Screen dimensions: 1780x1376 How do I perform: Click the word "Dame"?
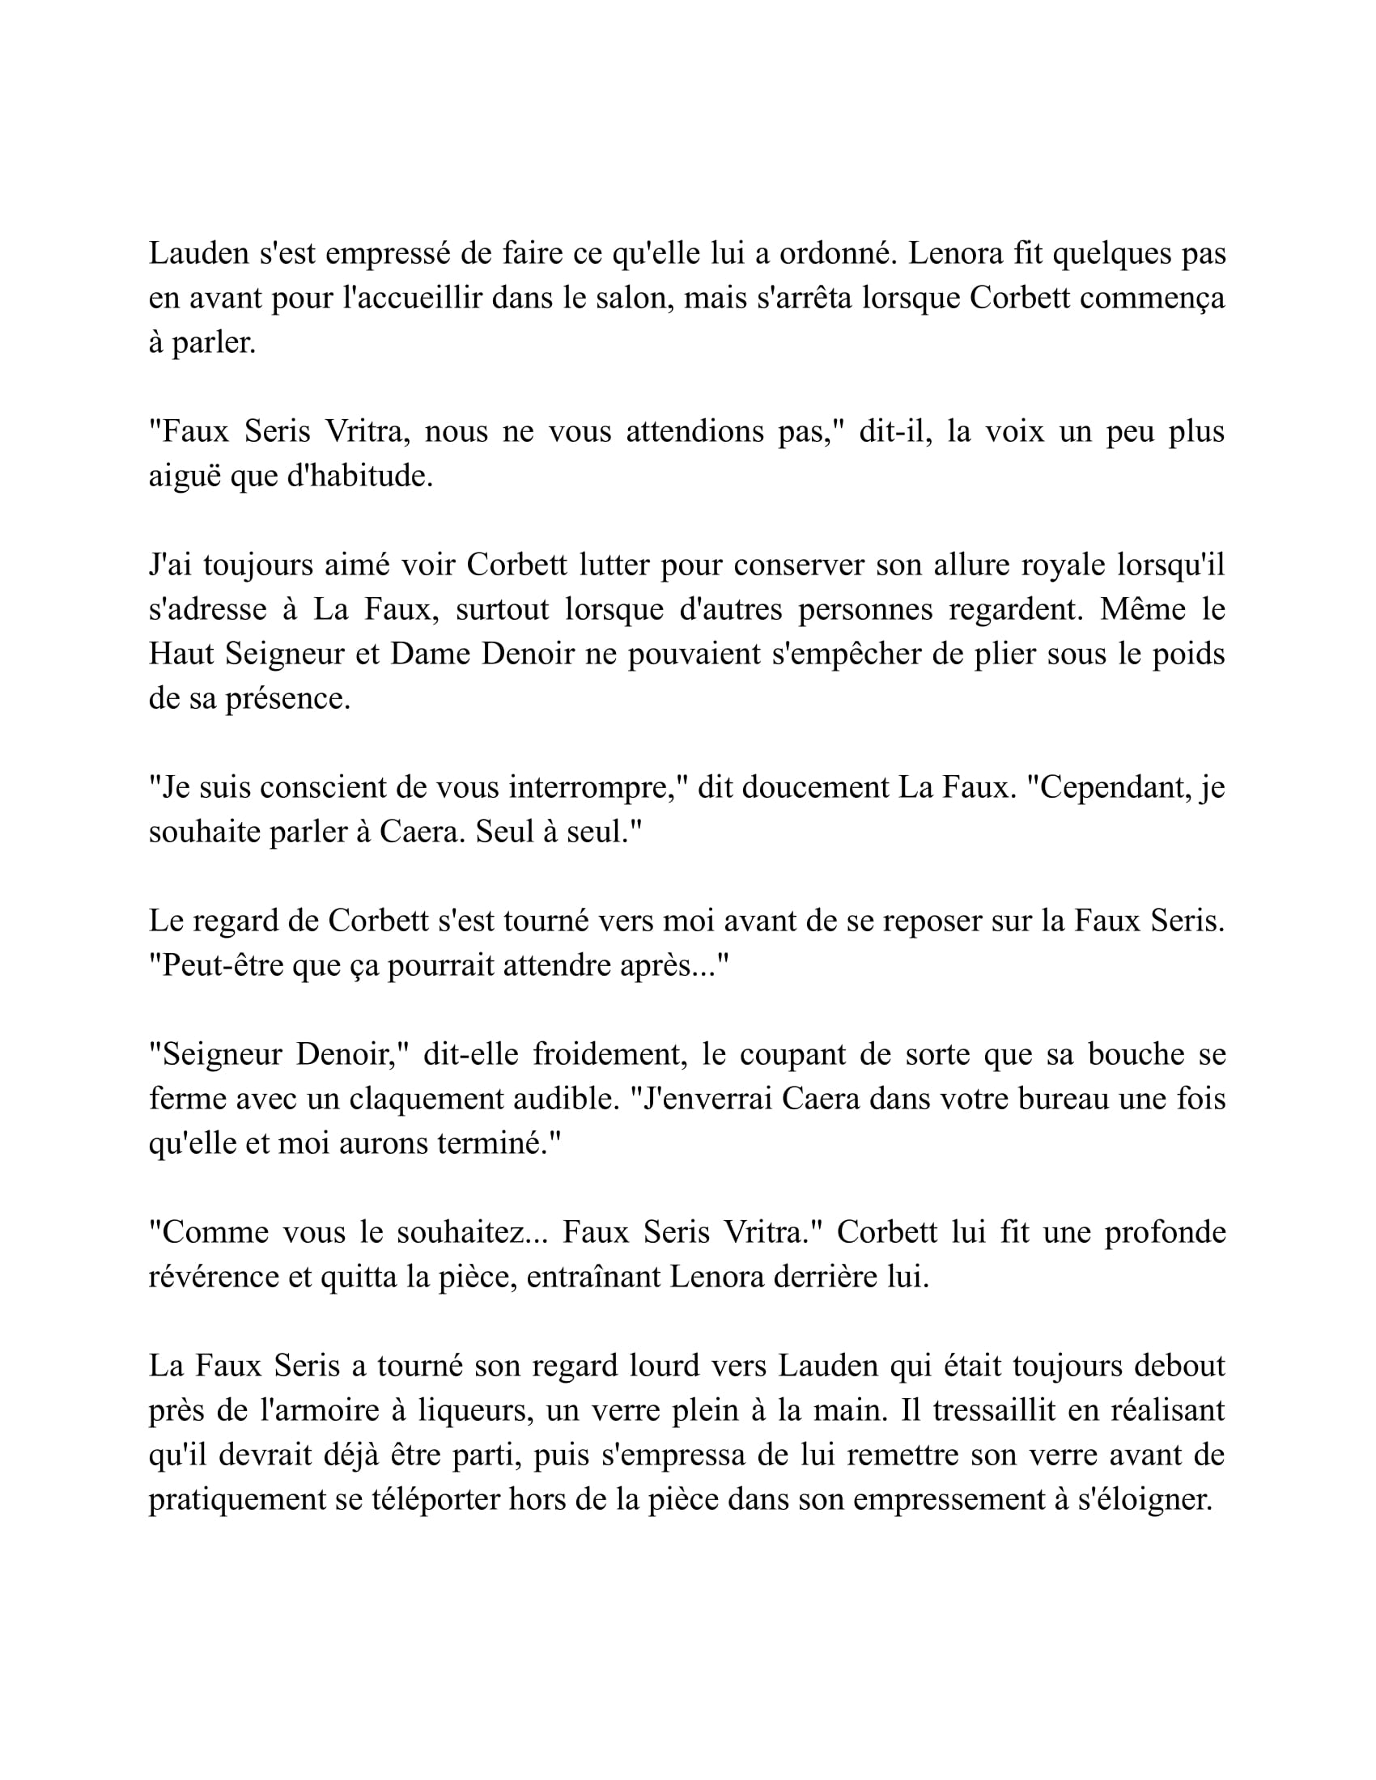click(431, 654)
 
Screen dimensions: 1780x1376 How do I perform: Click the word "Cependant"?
click(1109, 787)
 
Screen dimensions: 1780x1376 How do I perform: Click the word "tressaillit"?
click(995, 1411)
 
